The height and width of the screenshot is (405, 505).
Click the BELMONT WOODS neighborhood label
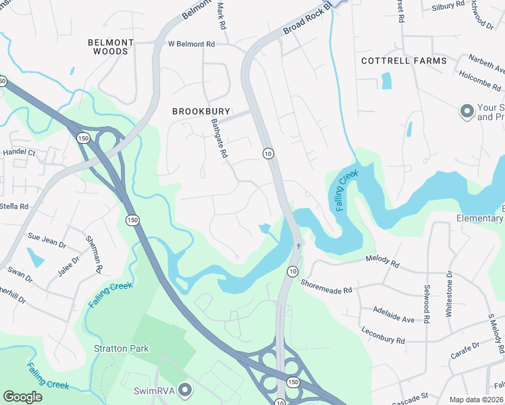[111, 47]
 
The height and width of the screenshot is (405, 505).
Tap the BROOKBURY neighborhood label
[201, 111]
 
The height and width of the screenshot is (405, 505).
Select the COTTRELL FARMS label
[404, 61]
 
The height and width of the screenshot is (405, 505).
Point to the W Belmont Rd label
[192, 44]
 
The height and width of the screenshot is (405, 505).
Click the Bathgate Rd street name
[219, 138]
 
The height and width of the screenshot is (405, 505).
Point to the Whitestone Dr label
[449, 294]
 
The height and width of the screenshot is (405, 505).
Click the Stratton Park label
[122, 349]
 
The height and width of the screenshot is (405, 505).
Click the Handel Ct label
[18, 153]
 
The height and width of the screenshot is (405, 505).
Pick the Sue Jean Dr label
[47, 237]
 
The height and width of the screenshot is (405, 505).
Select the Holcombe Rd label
[481, 82]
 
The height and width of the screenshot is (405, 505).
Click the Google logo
[22, 397]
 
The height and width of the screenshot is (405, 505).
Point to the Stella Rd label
[14, 207]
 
